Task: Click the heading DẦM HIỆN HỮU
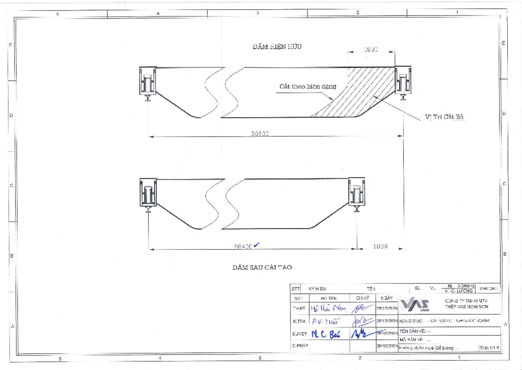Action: point(277,47)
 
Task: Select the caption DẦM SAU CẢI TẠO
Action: point(264,267)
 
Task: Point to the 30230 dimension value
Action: point(260,134)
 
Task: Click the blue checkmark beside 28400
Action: point(256,245)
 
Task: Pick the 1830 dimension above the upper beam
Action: point(371,50)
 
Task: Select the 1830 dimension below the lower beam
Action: point(380,246)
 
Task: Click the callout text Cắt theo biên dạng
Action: point(308,86)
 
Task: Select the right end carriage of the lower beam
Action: point(358,194)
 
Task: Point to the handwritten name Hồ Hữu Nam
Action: point(329,309)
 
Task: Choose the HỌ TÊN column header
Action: point(328,299)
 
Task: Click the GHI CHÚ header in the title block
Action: point(489,289)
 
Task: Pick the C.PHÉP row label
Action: point(299,346)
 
